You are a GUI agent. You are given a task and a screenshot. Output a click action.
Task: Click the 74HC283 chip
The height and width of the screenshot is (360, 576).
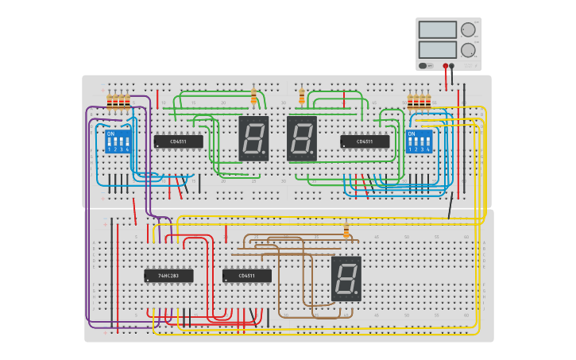(x=168, y=276)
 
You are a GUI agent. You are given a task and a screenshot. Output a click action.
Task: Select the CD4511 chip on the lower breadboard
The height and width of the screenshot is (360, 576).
(x=246, y=276)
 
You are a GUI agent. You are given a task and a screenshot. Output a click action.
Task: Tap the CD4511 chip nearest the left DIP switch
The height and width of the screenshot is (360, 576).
(x=178, y=141)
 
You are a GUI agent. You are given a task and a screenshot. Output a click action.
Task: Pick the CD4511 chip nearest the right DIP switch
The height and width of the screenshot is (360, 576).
(x=365, y=141)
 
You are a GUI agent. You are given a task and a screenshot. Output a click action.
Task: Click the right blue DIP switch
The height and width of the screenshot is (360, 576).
(x=419, y=142)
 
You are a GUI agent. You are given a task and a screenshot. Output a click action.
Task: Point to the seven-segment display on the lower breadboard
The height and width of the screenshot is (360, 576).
(x=346, y=278)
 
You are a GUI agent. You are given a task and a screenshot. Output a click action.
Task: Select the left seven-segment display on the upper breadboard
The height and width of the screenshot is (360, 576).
(x=253, y=138)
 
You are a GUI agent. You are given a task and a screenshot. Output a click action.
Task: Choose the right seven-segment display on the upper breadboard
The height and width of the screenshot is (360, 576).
(x=302, y=138)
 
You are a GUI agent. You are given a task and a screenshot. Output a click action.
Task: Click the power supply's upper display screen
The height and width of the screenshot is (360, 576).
(x=437, y=30)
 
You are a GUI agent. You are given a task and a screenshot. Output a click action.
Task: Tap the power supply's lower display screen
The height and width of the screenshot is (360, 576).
(x=437, y=49)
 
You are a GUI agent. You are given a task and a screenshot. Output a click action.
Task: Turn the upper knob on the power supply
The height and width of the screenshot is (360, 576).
(x=468, y=29)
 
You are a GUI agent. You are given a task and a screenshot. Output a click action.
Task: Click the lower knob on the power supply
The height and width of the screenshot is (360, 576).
(x=468, y=49)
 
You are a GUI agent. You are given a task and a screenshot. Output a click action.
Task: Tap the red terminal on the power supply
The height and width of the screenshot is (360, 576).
(x=446, y=66)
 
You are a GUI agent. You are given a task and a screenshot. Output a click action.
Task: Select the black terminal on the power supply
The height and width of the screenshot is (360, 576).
(x=452, y=66)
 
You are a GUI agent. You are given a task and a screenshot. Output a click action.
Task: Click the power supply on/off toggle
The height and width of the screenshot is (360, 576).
(x=423, y=66)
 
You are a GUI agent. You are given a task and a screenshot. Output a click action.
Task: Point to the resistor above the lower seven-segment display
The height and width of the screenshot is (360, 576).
(x=346, y=230)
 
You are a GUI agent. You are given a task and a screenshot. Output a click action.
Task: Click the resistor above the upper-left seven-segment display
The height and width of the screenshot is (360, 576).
(x=253, y=97)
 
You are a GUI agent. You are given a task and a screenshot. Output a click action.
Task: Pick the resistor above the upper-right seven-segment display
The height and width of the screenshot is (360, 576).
(x=302, y=97)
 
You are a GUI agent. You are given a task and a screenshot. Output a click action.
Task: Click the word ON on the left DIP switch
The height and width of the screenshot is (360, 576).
(x=110, y=134)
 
